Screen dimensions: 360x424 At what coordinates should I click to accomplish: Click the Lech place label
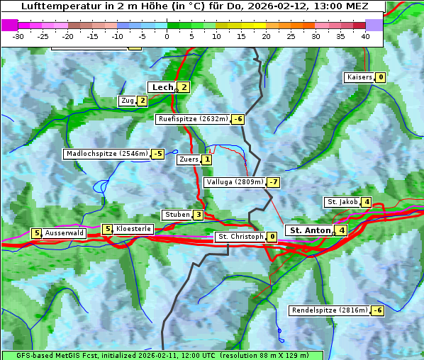click(162, 87)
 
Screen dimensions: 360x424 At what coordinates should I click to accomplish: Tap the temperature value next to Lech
click(184, 87)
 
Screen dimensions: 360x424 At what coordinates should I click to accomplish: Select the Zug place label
click(128, 101)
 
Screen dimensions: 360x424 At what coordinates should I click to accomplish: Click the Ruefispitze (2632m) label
click(193, 119)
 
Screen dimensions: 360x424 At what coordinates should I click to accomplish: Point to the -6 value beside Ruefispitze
click(238, 119)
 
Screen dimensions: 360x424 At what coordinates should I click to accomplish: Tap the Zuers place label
click(189, 159)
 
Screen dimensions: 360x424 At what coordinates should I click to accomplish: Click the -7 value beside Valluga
click(273, 182)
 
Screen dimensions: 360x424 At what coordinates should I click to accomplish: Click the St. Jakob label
click(342, 202)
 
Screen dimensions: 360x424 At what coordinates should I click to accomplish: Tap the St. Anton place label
click(311, 230)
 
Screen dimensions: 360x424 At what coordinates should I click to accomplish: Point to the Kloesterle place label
click(133, 229)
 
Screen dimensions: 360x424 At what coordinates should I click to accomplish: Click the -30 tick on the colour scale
click(18, 36)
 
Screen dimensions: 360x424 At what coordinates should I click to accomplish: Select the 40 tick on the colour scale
click(365, 36)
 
